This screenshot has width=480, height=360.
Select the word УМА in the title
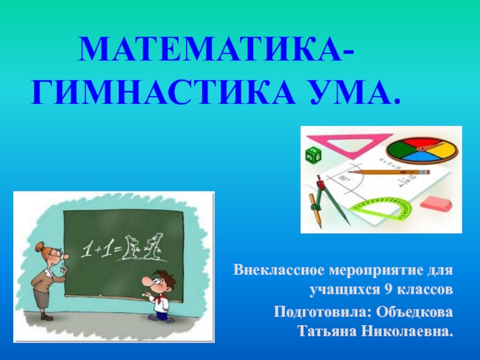click(x=343, y=91)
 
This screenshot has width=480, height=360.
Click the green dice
click(x=313, y=155)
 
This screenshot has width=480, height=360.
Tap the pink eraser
click(x=436, y=203)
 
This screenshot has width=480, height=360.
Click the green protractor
click(x=382, y=209)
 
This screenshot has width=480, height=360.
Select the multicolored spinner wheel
click(x=422, y=149)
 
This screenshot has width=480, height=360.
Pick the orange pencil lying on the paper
click(x=389, y=172)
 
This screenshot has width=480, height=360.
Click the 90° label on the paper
click(x=343, y=178)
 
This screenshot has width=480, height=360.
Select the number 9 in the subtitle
click(x=388, y=289)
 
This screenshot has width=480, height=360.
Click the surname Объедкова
click(x=414, y=312)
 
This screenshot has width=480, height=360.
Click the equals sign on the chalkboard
click(x=116, y=249)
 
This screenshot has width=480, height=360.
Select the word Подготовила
click(x=323, y=313)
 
